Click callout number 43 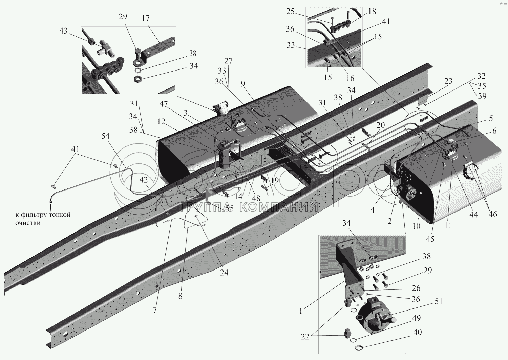point(64,31)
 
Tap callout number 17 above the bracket point(146,18)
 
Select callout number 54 point(105,136)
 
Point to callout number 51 point(438,301)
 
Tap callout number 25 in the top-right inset point(290,11)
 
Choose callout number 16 point(350,78)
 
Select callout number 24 point(224,273)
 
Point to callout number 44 point(473,215)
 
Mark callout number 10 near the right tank point(416,226)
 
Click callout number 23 point(448,81)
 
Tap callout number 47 point(163,104)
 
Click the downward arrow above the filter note point(50,206)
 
